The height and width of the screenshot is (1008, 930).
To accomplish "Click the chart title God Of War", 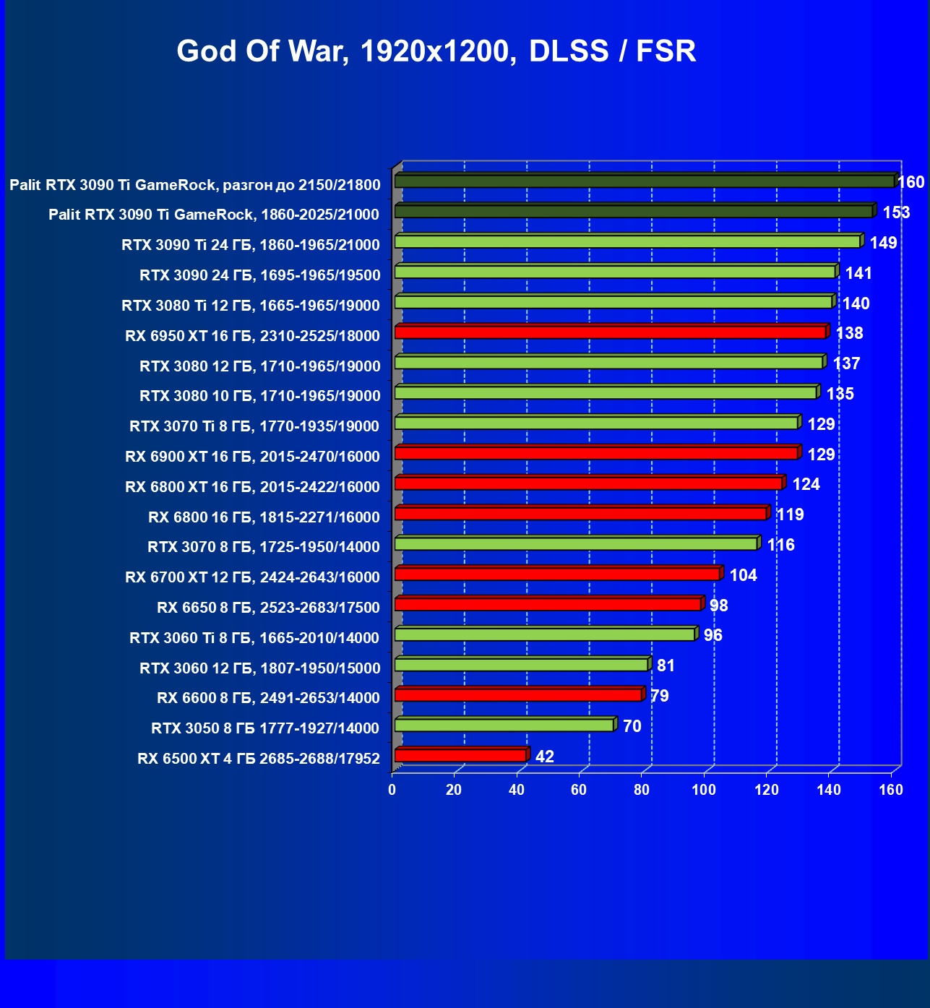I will [x=436, y=51].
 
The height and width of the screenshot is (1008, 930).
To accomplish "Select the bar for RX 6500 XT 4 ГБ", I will [x=460, y=756].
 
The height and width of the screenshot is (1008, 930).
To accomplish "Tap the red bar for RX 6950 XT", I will [x=610, y=332].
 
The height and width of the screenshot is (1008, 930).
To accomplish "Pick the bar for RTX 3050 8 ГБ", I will [x=504, y=725].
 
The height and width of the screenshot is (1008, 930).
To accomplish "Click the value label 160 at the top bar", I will [x=910, y=182].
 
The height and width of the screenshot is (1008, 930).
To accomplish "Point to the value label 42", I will [x=544, y=757].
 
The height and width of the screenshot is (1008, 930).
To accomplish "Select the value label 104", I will [x=743, y=575].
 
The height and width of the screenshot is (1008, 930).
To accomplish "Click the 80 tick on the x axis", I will [x=642, y=790].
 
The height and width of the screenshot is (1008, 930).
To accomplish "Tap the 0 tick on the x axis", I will [x=392, y=790].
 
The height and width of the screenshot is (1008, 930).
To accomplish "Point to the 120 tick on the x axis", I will [x=767, y=790].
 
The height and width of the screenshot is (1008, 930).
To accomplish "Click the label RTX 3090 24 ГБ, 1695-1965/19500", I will [x=259, y=275].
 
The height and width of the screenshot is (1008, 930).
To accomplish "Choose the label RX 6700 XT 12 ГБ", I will [x=252, y=577].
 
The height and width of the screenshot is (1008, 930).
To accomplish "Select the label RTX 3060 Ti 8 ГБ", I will [x=254, y=638].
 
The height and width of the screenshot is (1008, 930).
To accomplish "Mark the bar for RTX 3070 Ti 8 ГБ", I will [x=596, y=423].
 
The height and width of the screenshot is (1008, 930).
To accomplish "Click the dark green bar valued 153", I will [x=634, y=211].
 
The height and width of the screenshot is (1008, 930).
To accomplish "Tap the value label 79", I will [x=659, y=696].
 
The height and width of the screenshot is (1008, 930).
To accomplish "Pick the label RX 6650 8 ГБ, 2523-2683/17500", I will [x=268, y=608].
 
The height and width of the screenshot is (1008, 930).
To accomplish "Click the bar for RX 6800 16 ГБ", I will [x=580, y=514].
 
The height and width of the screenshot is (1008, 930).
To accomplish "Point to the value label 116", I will [x=780, y=545].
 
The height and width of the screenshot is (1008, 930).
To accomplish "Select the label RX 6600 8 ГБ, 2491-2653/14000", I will [x=268, y=698].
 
